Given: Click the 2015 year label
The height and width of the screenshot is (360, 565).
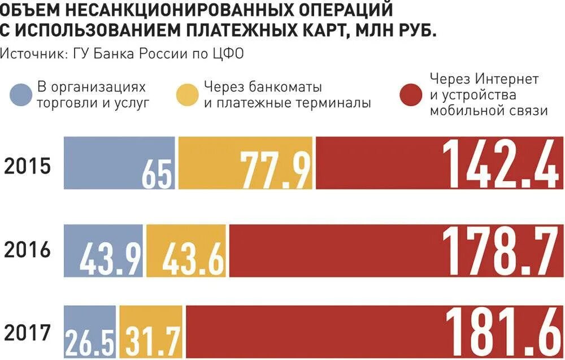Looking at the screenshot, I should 28,167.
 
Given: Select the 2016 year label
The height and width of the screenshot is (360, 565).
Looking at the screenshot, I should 28,250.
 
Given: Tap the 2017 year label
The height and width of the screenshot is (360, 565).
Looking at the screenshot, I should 28,333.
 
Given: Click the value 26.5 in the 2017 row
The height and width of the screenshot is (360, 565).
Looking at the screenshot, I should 90,340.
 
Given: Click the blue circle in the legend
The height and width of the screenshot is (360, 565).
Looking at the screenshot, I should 21,95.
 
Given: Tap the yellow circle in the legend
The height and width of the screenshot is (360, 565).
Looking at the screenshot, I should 188,95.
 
